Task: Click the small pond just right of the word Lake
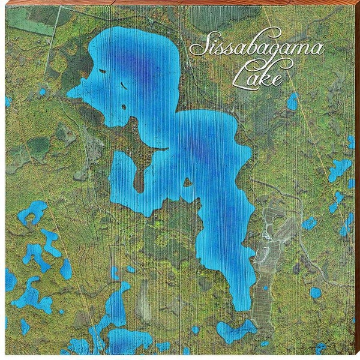292,101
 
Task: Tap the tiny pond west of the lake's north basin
42,92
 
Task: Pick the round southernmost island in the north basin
124,107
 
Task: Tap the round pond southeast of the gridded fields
316,292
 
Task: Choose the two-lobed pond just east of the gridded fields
309,224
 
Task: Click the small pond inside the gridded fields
265,288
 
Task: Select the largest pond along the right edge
340,169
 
